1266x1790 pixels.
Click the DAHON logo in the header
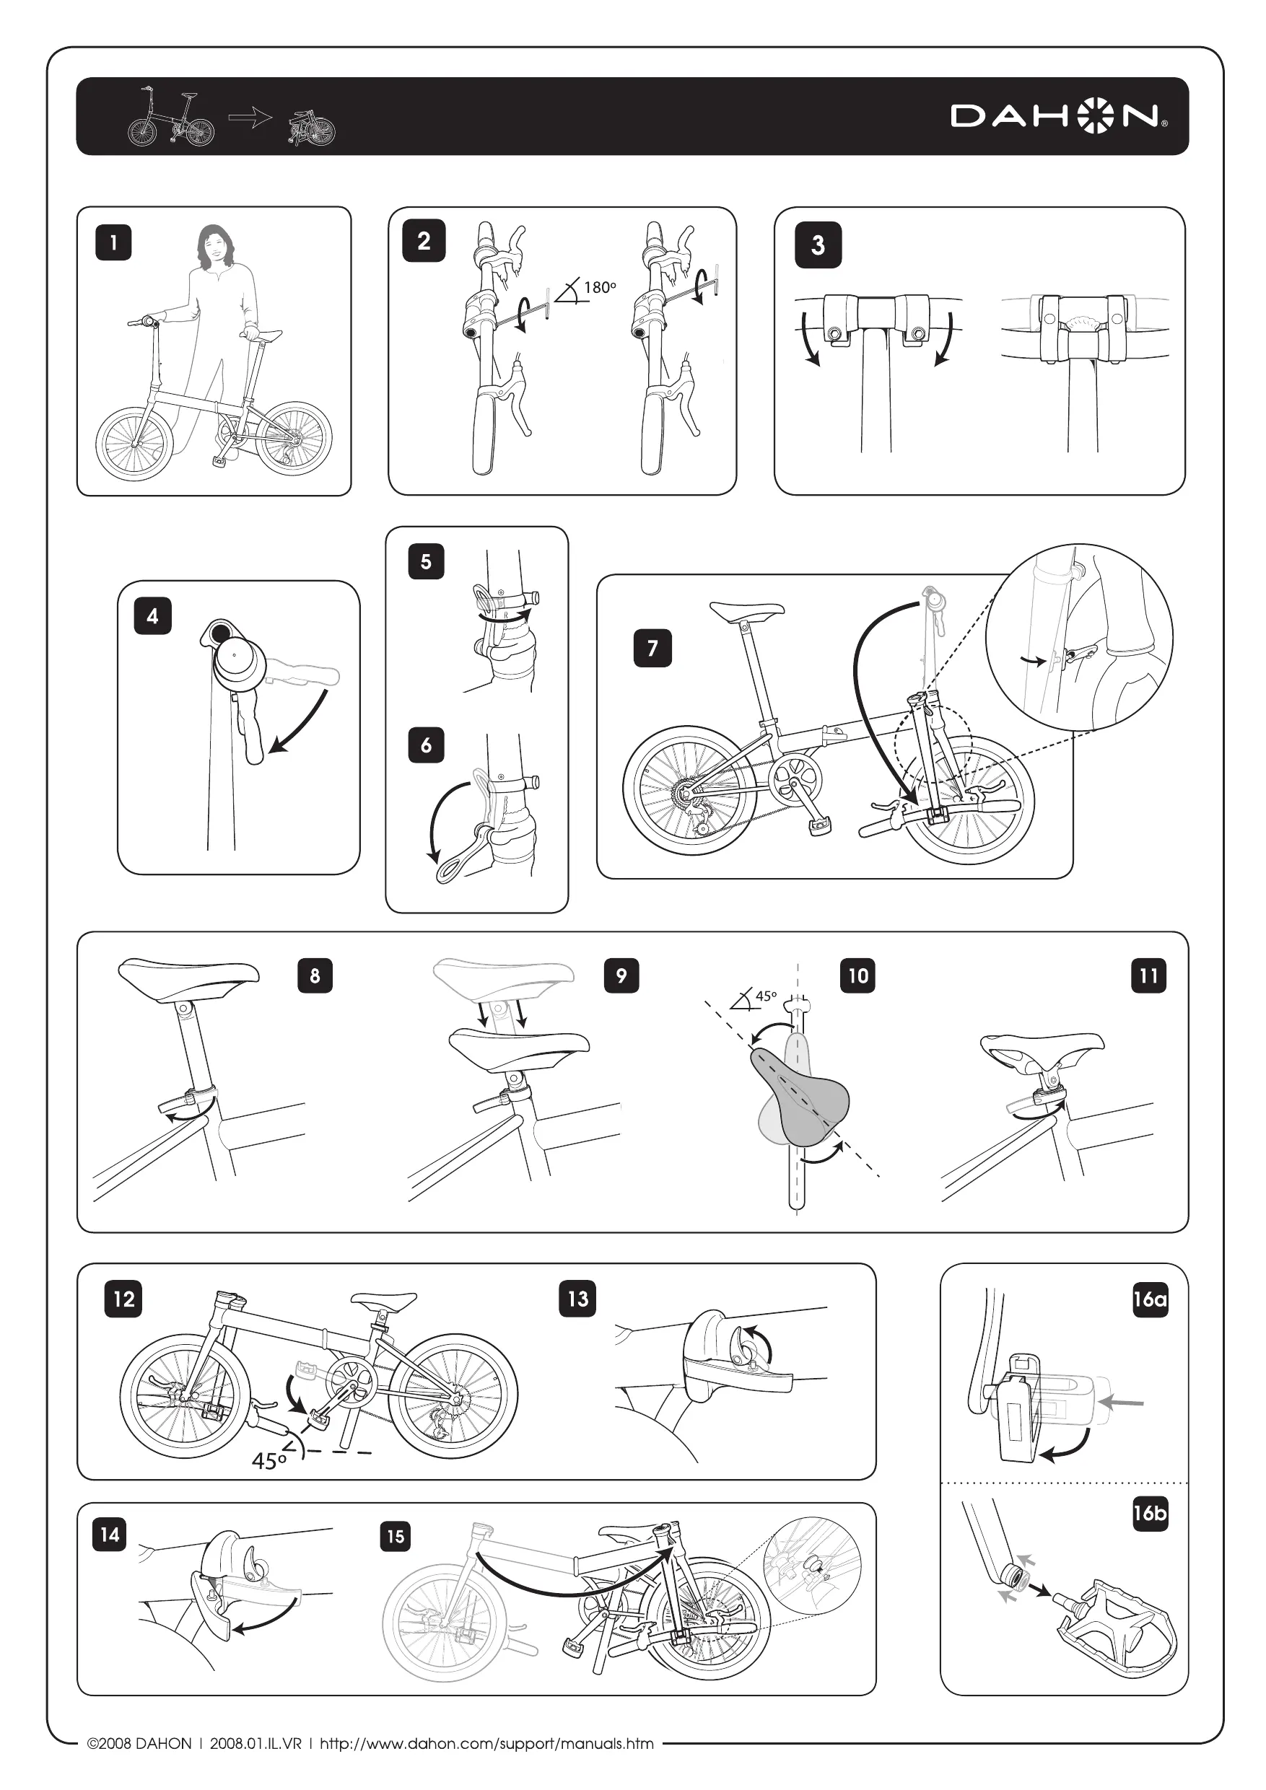(x=1059, y=117)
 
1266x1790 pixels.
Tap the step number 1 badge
(x=113, y=242)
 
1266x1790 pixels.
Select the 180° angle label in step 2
(x=599, y=288)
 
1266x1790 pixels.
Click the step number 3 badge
(x=818, y=245)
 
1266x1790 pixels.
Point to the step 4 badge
(x=152, y=616)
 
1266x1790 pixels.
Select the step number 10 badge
(x=858, y=976)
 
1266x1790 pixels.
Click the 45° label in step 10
(x=765, y=996)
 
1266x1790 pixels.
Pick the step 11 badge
(x=1148, y=976)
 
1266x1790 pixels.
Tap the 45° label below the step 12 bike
(x=269, y=1460)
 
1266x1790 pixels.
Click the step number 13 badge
(x=577, y=1299)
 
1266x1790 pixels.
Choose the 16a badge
(x=1150, y=1299)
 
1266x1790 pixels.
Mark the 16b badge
(x=1150, y=1513)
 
